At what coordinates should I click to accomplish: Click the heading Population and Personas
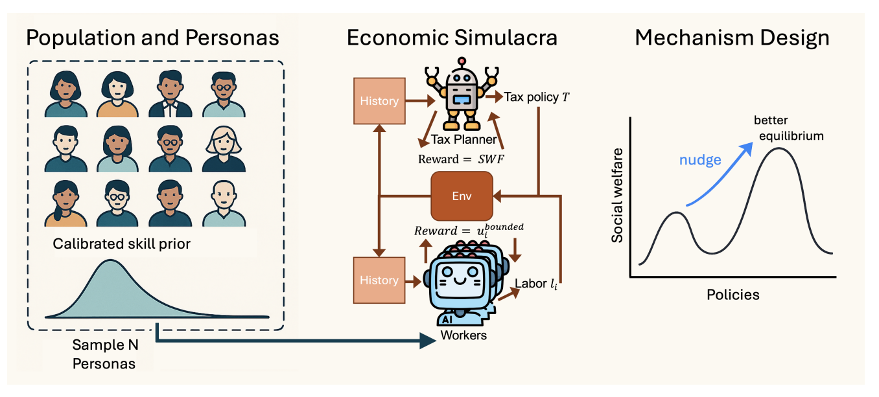152,37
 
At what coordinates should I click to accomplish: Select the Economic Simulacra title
452,37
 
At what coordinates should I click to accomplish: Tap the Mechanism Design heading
732,37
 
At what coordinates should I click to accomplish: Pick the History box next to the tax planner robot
379,100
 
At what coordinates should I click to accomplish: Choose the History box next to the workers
379,280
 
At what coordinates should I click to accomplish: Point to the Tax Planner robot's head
460,81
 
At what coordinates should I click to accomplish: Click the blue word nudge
700,160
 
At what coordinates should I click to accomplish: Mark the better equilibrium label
788,128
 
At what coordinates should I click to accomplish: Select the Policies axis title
733,295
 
